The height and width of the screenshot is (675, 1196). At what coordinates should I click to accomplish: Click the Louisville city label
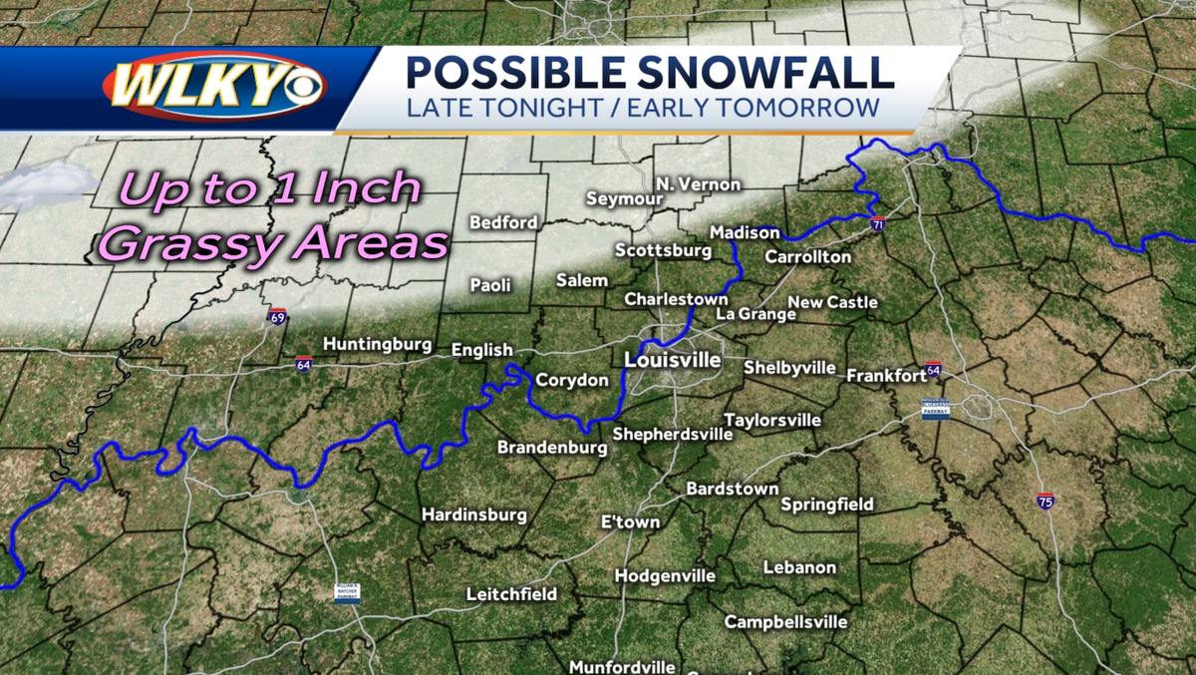coord(672,359)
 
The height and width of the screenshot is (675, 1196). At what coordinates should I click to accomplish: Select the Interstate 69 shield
coord(278,318)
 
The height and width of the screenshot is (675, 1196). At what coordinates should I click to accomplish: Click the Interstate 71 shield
coord(877,223)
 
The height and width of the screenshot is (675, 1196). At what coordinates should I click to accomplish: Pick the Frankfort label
coord(887,376)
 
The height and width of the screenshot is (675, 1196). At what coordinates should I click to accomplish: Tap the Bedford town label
coord(503,222)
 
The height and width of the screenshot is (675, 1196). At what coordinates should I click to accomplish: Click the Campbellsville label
coord(785,622)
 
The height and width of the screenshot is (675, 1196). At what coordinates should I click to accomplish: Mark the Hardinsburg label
coord(473,515)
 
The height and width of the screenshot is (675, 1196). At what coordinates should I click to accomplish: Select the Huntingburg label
coord(377,345)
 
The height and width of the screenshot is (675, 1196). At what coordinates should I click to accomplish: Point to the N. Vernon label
coord(698,184)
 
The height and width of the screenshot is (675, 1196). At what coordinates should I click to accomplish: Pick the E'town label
coord(630,522)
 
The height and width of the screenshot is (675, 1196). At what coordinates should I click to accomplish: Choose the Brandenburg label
coord(551,448)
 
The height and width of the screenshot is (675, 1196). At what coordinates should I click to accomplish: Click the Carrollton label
coord(808,257)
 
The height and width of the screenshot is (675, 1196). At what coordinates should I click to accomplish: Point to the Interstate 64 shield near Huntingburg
coord(303,364)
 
